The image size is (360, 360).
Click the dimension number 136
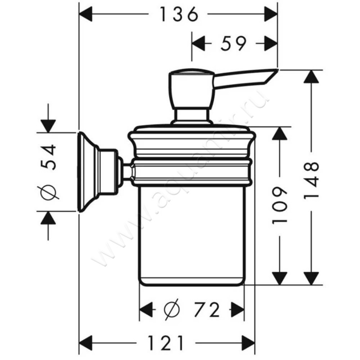[x=179, y=15]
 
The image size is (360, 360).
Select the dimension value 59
[x=234, y=44]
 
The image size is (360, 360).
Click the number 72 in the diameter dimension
[x=207, y=310]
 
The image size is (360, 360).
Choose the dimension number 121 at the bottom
[x=167, y=343]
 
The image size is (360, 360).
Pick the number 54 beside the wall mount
[x=49, y=157]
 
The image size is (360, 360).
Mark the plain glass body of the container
[x=191, y=234]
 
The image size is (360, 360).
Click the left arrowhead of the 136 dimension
[x=85, y=15]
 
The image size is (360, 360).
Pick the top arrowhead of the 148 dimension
[x=310, y=76]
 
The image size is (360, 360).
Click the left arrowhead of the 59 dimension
[x=198, y=44]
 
